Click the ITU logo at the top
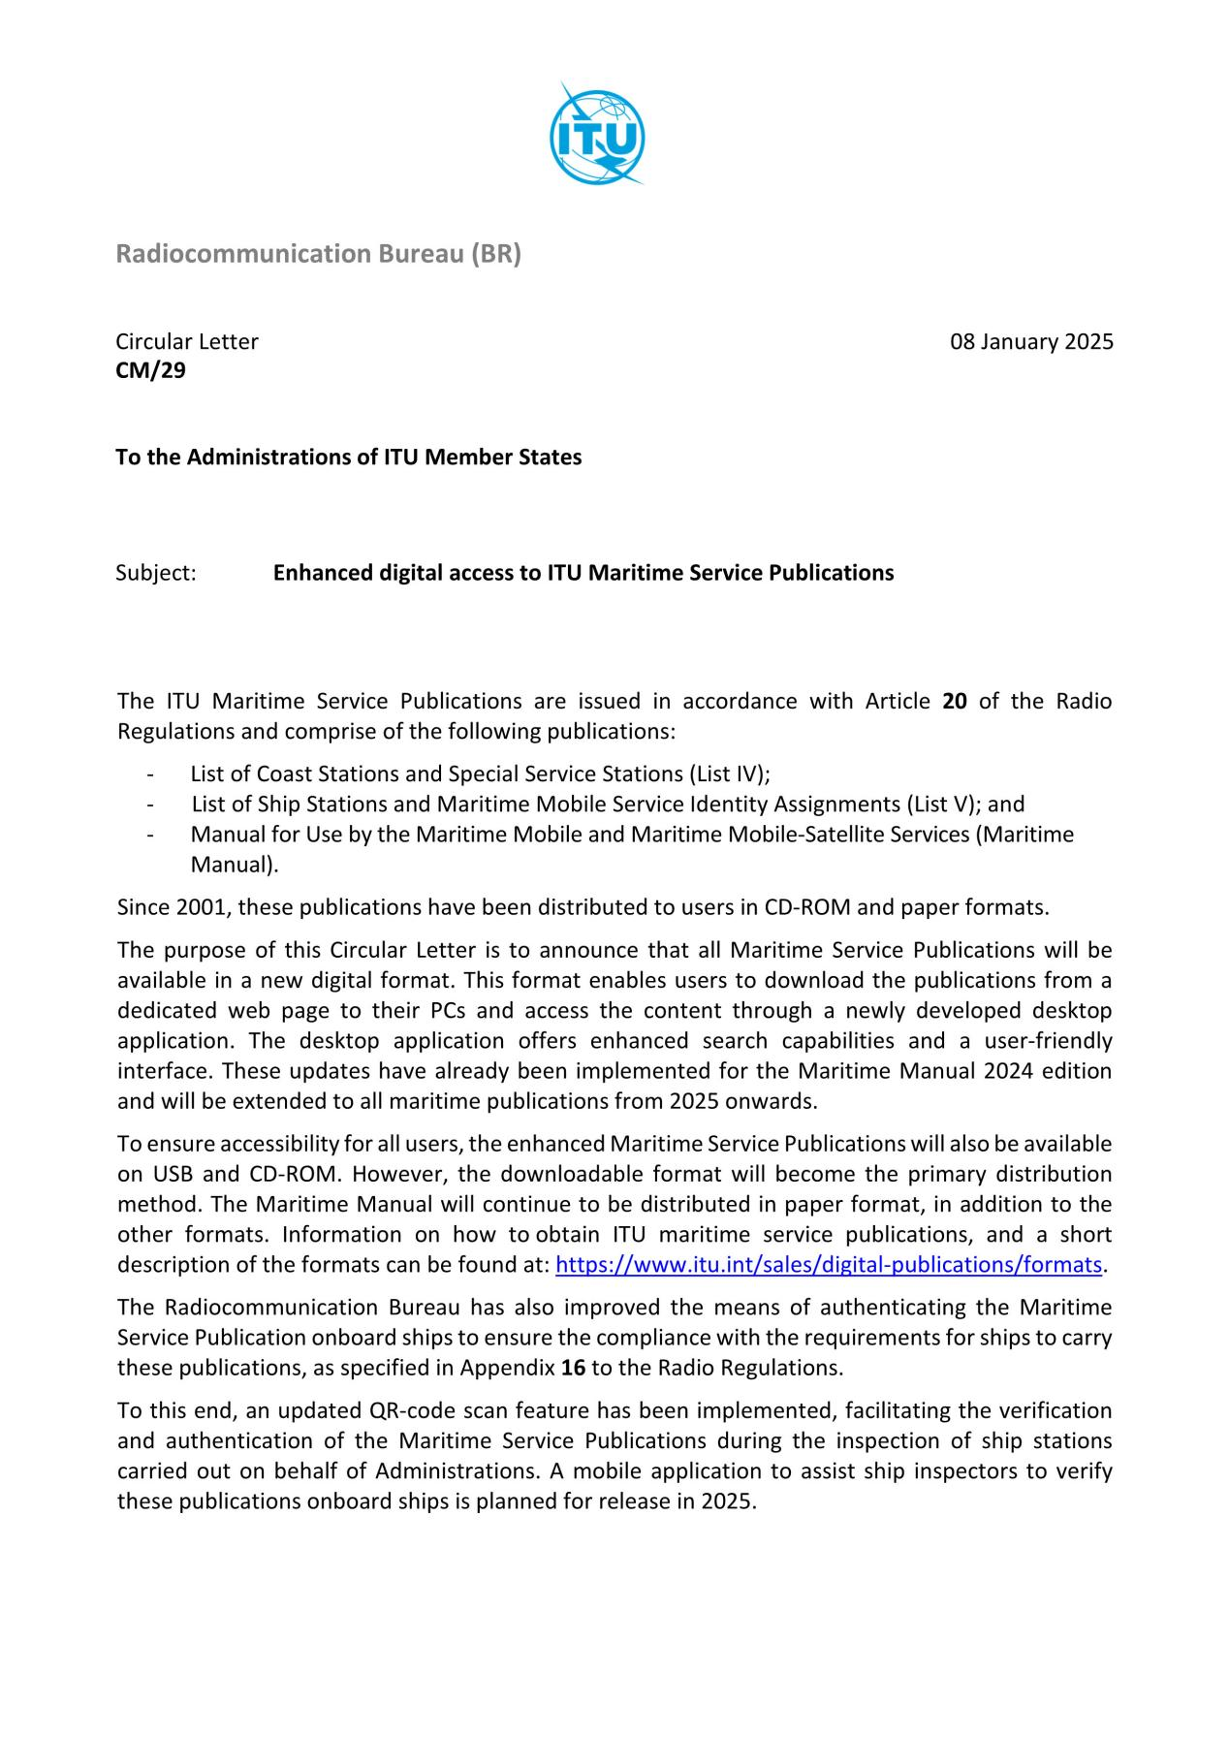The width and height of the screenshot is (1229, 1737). point(596,136)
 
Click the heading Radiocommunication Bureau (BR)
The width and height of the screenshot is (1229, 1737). point(318,254)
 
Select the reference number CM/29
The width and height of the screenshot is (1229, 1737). point(150,370)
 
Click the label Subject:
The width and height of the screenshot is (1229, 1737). point(156,573)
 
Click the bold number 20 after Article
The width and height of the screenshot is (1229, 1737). point(954,701)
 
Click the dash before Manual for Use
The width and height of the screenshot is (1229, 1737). point(150,835)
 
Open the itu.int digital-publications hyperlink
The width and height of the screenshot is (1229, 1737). point(829,1265)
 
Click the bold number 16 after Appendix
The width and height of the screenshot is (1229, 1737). point(573,1368)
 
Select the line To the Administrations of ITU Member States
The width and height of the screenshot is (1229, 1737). point(349,457)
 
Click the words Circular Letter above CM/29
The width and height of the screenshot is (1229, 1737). point(187,342)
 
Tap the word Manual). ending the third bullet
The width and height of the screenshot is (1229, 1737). point(235,865)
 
